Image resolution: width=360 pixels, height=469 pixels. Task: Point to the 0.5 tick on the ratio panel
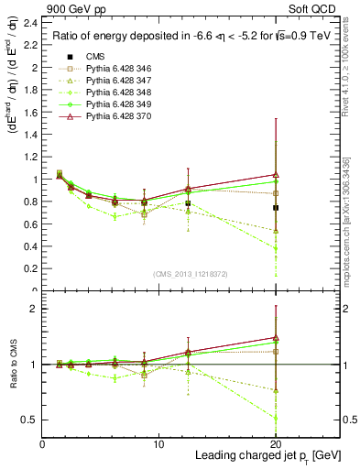[x=33, y=420]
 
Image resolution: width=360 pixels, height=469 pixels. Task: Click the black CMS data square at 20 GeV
[x=276, y=208]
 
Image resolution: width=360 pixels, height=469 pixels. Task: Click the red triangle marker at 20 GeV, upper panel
[x=276, y=174]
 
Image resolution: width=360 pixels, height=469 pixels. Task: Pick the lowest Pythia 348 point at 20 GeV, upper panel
[x=276, y=248]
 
